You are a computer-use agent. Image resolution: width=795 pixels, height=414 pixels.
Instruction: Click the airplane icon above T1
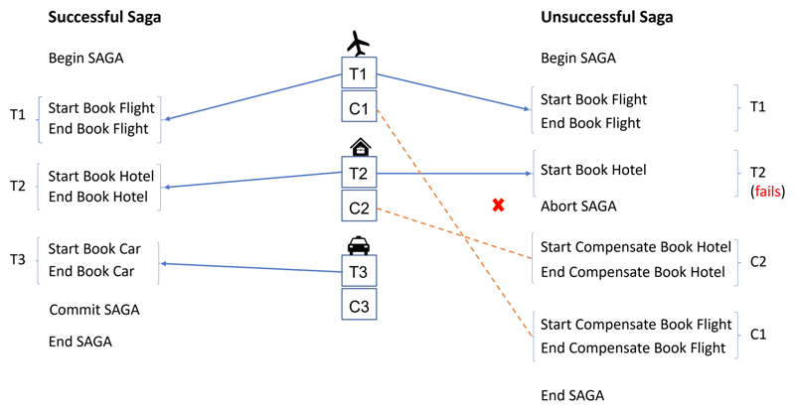359,43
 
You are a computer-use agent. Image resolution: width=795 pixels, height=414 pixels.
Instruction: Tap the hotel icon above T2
360,147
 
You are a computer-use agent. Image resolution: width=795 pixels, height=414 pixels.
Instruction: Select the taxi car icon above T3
359,245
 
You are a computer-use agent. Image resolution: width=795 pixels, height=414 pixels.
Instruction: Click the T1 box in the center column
359,73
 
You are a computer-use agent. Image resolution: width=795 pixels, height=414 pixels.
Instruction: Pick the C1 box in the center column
359,106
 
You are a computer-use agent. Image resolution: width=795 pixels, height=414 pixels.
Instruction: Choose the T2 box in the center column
359,173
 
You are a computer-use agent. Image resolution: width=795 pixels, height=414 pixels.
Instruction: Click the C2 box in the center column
359,206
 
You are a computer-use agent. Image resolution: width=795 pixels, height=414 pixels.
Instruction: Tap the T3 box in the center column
359,271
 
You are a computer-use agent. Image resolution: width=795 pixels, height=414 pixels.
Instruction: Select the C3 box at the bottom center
359,305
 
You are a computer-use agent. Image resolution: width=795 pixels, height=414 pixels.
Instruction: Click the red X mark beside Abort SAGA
499,206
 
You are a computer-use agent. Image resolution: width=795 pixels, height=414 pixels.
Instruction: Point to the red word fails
767,192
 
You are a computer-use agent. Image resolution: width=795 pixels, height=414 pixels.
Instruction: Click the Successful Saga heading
104,18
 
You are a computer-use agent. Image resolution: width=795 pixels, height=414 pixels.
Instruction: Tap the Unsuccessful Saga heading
607,18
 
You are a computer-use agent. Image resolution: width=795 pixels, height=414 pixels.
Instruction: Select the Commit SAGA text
94,310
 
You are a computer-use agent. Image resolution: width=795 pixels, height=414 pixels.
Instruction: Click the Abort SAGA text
578,207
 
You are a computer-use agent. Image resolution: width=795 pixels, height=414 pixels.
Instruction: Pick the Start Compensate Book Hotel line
636,247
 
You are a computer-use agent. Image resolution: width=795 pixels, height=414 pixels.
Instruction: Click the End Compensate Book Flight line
633,348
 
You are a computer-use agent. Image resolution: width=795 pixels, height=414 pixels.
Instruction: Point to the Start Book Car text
94,249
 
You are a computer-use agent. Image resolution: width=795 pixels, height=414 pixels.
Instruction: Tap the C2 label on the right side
758,262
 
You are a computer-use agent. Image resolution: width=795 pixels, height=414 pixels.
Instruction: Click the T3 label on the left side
18,260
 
